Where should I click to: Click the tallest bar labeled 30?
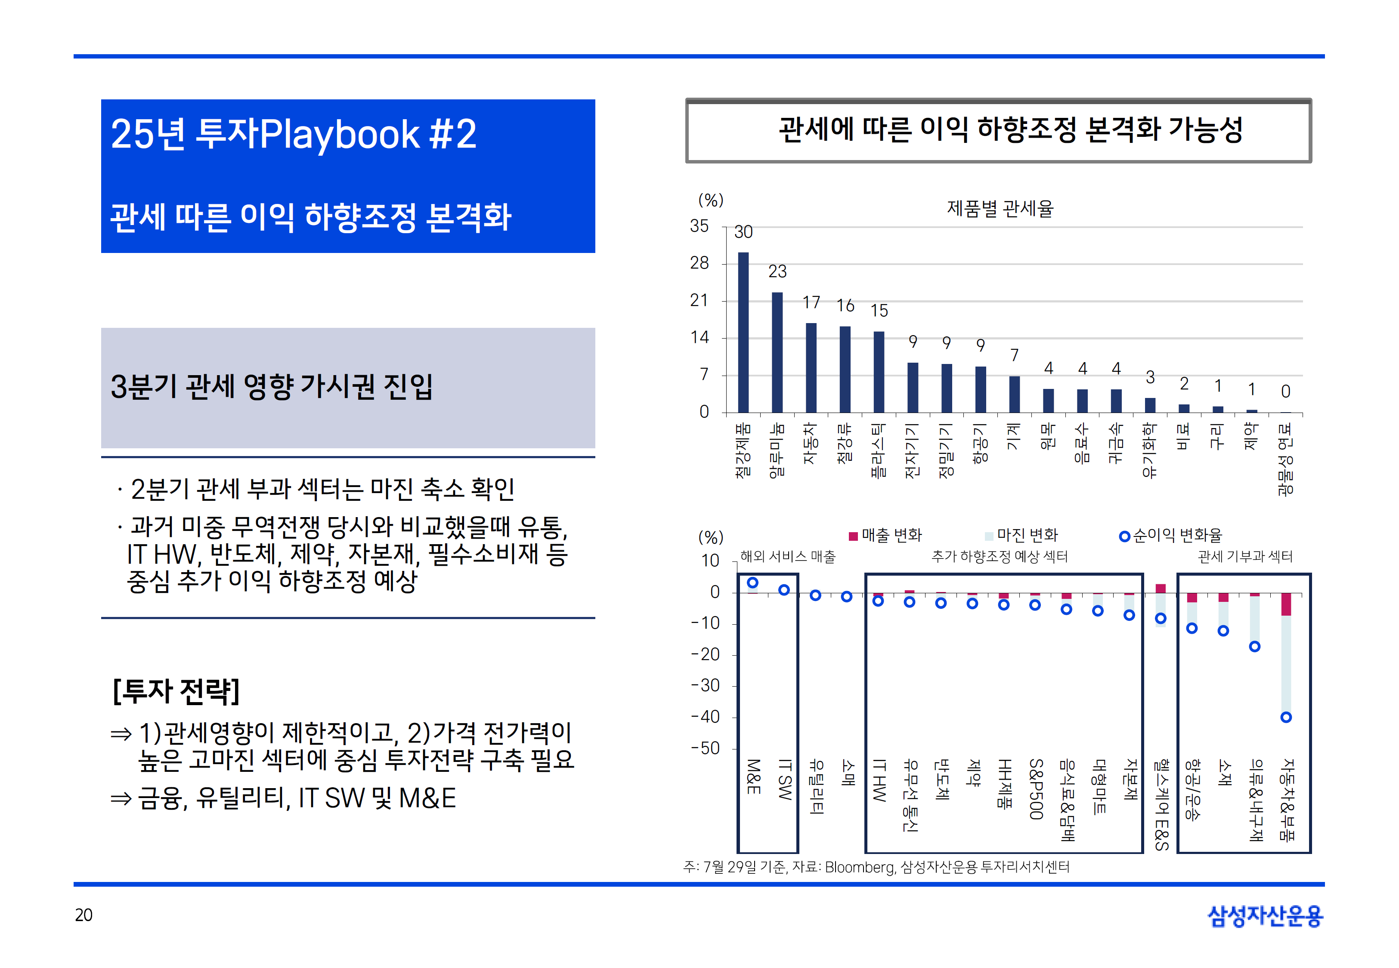743,333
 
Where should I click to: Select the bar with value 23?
777,352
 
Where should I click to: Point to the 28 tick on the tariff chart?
699,263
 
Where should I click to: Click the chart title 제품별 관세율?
1000,209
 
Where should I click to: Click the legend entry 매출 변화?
886,535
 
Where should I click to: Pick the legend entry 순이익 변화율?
1170,535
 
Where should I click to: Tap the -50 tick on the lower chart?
705,749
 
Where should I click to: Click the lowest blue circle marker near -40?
1285,717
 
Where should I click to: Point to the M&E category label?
752,777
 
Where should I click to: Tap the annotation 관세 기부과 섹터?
1245,556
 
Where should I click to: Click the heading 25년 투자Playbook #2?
294,134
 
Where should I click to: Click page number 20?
84,915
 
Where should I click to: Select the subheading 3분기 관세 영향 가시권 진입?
272,386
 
